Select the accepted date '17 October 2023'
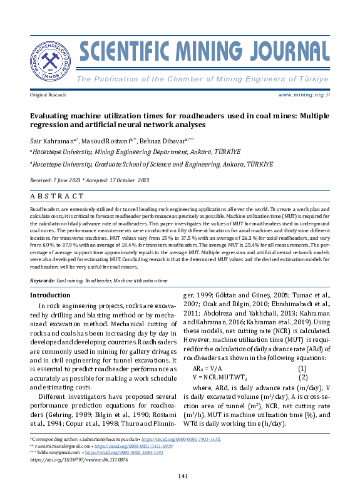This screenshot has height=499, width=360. pos(128,180)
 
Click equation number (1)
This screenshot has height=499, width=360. pos(302,368)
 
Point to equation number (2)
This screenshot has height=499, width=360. pos(303,378)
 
